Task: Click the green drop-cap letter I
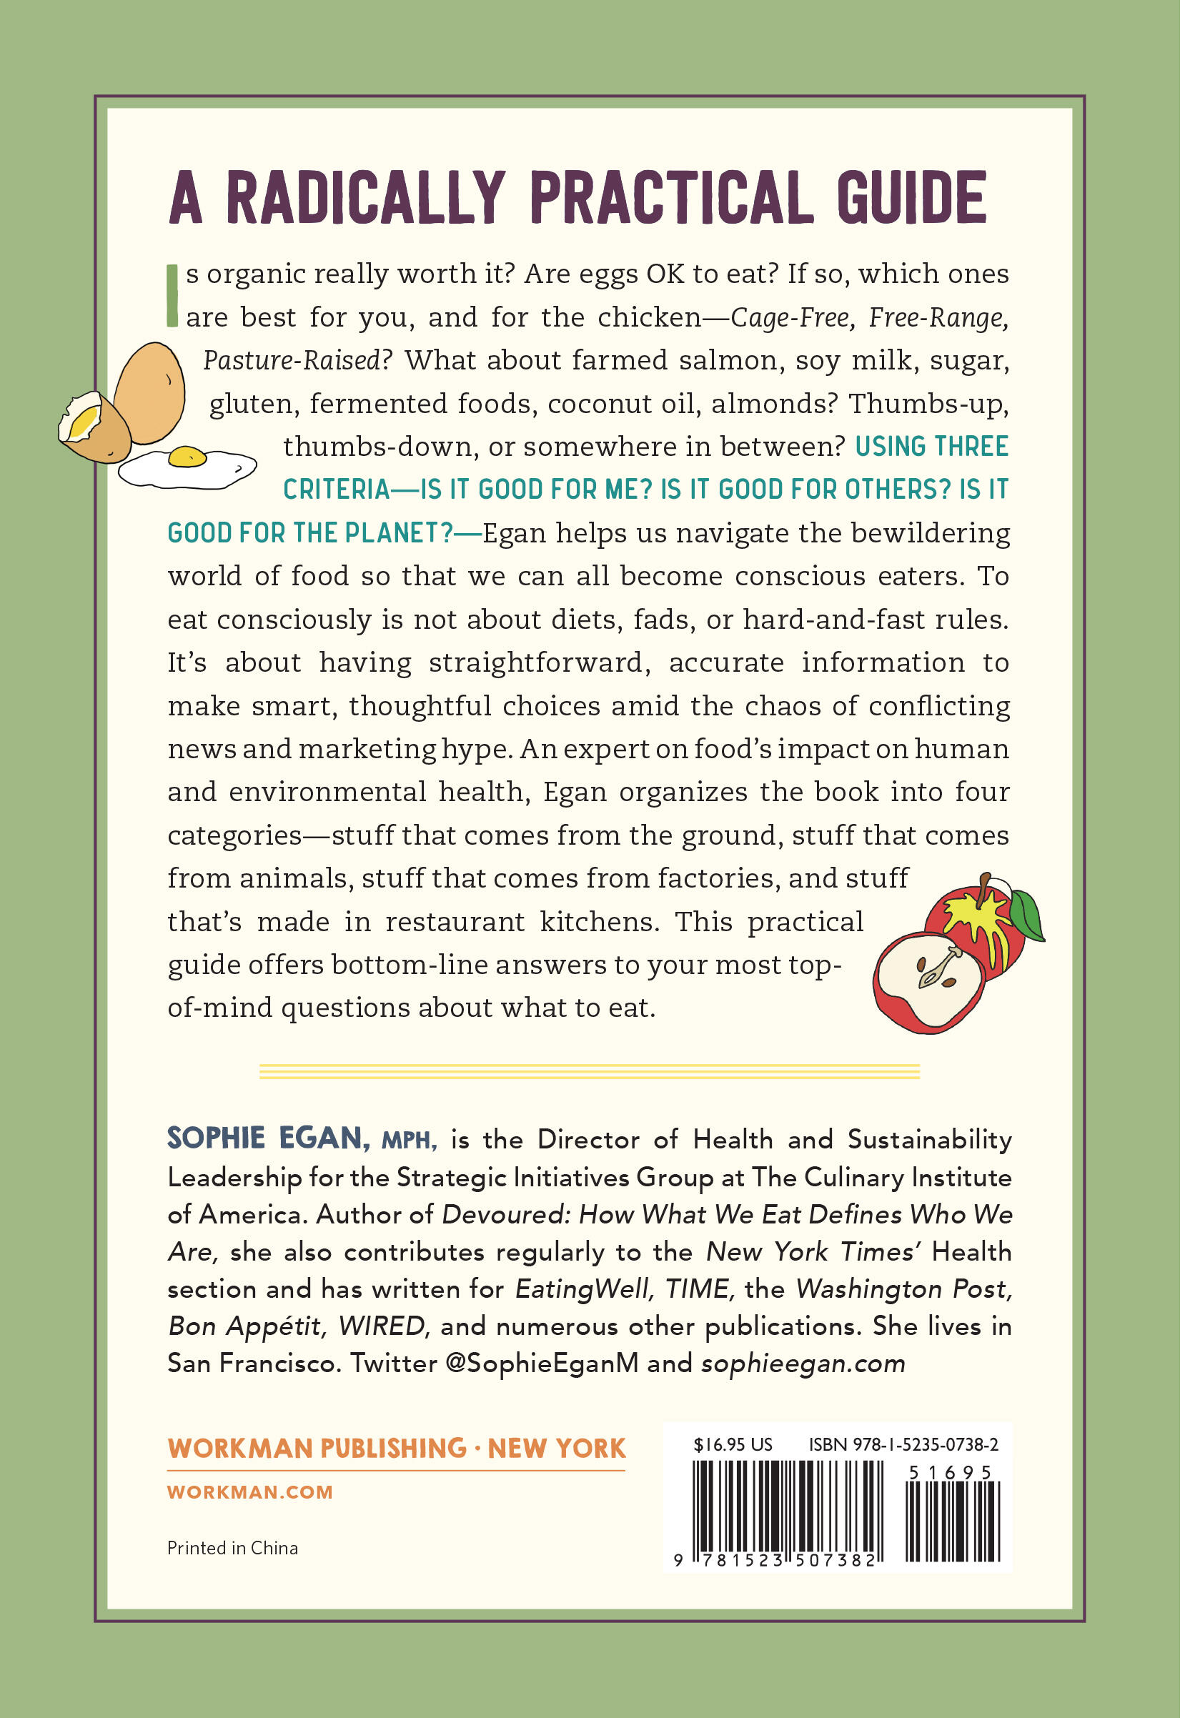point(172,296)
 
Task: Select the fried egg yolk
point(187,456)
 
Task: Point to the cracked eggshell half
point(93,427)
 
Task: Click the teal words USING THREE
point(931,447)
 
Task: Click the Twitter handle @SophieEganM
point(542,1362)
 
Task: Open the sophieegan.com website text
point(803,1362)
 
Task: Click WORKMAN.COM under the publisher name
point(250,1491)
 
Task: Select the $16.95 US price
point(732,1444)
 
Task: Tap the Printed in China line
point(232,1548)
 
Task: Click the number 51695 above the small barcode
point(949,1473)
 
